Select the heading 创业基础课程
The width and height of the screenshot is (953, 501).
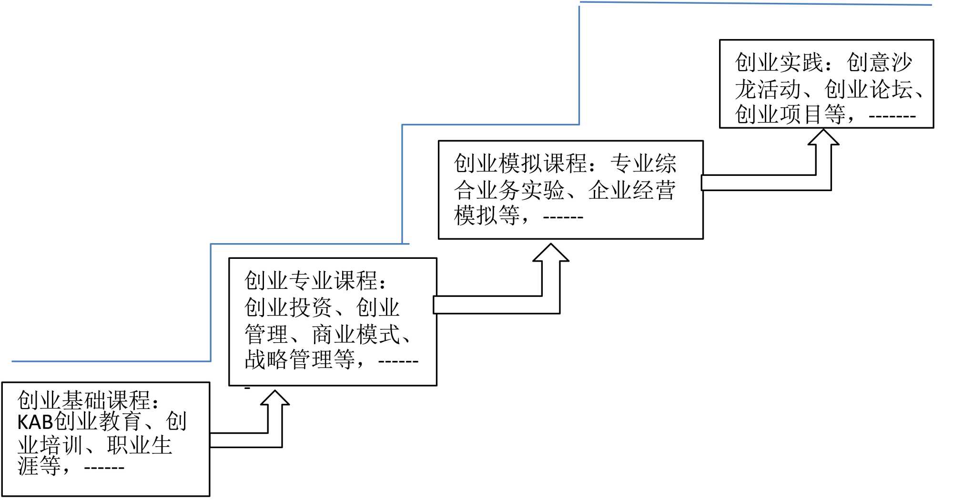point(83,400)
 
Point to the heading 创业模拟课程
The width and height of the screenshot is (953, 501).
point(520,164)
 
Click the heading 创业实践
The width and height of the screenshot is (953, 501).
point(779,62)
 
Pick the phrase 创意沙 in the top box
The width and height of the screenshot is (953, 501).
point(880,62)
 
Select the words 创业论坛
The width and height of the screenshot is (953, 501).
point(869,89)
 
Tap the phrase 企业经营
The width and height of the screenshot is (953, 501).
point(632,190)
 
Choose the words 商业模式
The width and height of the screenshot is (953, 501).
point(356,334)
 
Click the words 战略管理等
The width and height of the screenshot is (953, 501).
point(300,359)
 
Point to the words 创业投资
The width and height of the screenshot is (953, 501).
point(288,307)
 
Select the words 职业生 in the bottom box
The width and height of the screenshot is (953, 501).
point(140,445)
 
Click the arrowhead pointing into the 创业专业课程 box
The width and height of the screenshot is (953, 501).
point(275,399)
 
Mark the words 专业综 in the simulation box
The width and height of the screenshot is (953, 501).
point(643,164)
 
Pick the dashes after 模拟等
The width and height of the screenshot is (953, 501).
point(563,217)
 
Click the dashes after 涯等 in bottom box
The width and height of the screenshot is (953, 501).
point(104,468)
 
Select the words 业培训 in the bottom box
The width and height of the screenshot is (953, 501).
point(50,445)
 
